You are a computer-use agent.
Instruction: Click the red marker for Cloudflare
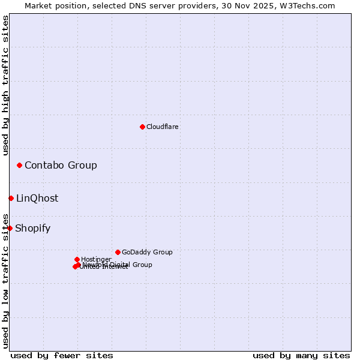[x=142, y=127]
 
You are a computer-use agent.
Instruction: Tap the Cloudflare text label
[x=163, y=127]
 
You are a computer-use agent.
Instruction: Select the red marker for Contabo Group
[x=20, y=165]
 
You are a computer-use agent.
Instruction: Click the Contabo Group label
[x=61, y=166]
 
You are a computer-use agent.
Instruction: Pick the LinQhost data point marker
[x=11, y=198]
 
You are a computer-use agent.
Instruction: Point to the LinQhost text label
[x=37, y=199]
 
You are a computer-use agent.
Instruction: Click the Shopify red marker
[x=10, y=228]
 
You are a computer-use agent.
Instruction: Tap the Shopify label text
[x=32, y=229]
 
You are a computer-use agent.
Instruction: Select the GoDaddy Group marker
[x=118, y=252]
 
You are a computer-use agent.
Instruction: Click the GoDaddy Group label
[x=147, y=253]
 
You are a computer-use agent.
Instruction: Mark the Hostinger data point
[x=77, y=259]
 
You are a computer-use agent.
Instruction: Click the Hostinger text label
[x=96, y=260]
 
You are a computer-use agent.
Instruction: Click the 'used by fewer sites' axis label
[x=62, y=355]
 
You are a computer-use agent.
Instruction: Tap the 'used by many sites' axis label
[x=301, y=355]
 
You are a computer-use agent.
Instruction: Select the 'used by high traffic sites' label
[x=6, y=85]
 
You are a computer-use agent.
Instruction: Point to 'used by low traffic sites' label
[x=6, y=280]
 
